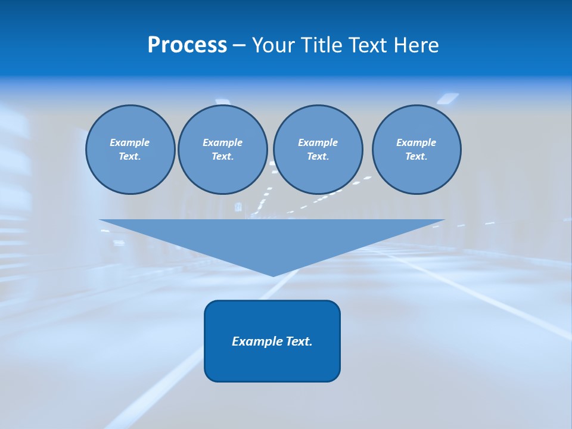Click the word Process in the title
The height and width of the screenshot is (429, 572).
tap(187, 45)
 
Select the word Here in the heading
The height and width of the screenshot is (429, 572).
tap(416, 45)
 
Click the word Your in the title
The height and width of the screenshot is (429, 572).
tap(274, 45)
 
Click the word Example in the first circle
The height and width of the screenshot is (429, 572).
tap(130, 142)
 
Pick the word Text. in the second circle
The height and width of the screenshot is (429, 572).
tap(222, 157)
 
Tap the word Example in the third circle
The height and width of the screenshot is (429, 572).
tap(318, 142)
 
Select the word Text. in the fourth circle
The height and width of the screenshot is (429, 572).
tap(416, 157)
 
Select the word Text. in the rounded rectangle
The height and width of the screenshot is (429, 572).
tap(299, 341)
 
